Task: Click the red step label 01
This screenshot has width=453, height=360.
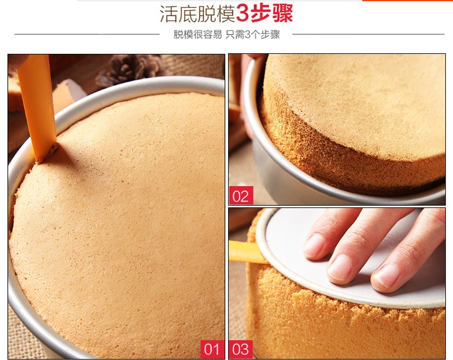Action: [212, 349]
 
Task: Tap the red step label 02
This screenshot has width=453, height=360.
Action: [241, 195]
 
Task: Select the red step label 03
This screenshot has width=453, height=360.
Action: [241, 349]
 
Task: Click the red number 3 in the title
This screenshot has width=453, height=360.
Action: [242, 14]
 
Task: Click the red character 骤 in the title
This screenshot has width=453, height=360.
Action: [282, 14]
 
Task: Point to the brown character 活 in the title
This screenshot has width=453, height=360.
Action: [169, 14]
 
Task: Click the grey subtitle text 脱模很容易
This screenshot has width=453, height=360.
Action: [198, 34]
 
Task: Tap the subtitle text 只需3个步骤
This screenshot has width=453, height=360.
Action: [253, 34]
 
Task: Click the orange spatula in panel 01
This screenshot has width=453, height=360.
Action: [37, 107]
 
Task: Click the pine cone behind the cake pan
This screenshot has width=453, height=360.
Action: [129, 70]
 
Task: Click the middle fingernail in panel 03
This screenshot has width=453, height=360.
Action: [339, 267]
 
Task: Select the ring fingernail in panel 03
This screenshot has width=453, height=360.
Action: [385, 275]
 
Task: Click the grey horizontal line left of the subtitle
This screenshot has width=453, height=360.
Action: [87, 34]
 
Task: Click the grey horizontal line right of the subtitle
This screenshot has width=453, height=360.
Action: [368, 34]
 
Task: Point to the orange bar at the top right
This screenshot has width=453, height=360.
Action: [408, 1]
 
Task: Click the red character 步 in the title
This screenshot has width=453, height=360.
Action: [261, 14]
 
